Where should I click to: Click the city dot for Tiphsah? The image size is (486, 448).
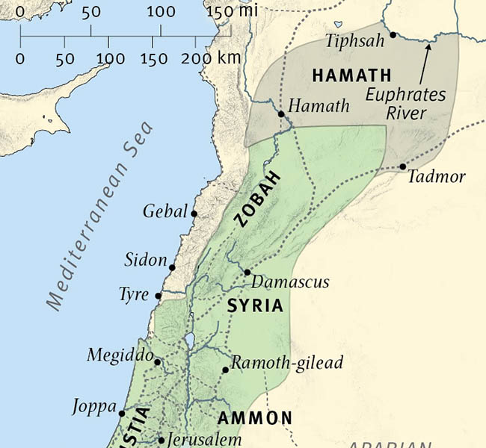[393, 35]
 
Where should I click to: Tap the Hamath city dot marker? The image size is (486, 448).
[281, 114]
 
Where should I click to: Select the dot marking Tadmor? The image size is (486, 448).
[403, 167]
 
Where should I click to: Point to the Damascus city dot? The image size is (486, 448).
[247, 272]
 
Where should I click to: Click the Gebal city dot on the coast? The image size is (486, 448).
[194, 214]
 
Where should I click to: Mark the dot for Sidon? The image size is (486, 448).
[172, 267]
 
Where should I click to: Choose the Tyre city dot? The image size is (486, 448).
[158, 296]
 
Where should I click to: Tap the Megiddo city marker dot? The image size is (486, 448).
[157, 362]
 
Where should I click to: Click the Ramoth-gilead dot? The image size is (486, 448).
[225, 370]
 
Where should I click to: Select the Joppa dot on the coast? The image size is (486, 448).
[122, 412]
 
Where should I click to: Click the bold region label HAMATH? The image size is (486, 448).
[351, 75]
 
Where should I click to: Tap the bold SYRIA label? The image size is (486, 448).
[255, 306]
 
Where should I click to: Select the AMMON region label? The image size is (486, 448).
[254, 417]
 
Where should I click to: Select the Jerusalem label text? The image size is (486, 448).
[204, 439]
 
